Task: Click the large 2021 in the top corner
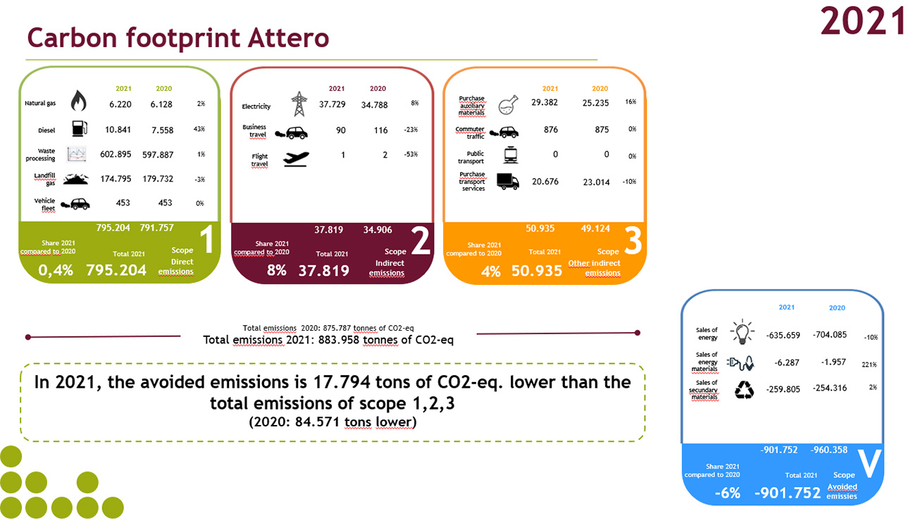862,20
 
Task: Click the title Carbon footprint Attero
178,38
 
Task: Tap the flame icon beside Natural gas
78,103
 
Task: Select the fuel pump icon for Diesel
80,128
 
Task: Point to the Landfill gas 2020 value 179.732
168,179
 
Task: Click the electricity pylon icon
299,104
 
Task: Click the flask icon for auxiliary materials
508,106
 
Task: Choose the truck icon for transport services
507,182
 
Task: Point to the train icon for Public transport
508,156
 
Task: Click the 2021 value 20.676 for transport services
545,182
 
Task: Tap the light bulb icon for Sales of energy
743,331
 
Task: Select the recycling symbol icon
744,389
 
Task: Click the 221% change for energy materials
869,364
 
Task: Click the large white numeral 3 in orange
633,241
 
